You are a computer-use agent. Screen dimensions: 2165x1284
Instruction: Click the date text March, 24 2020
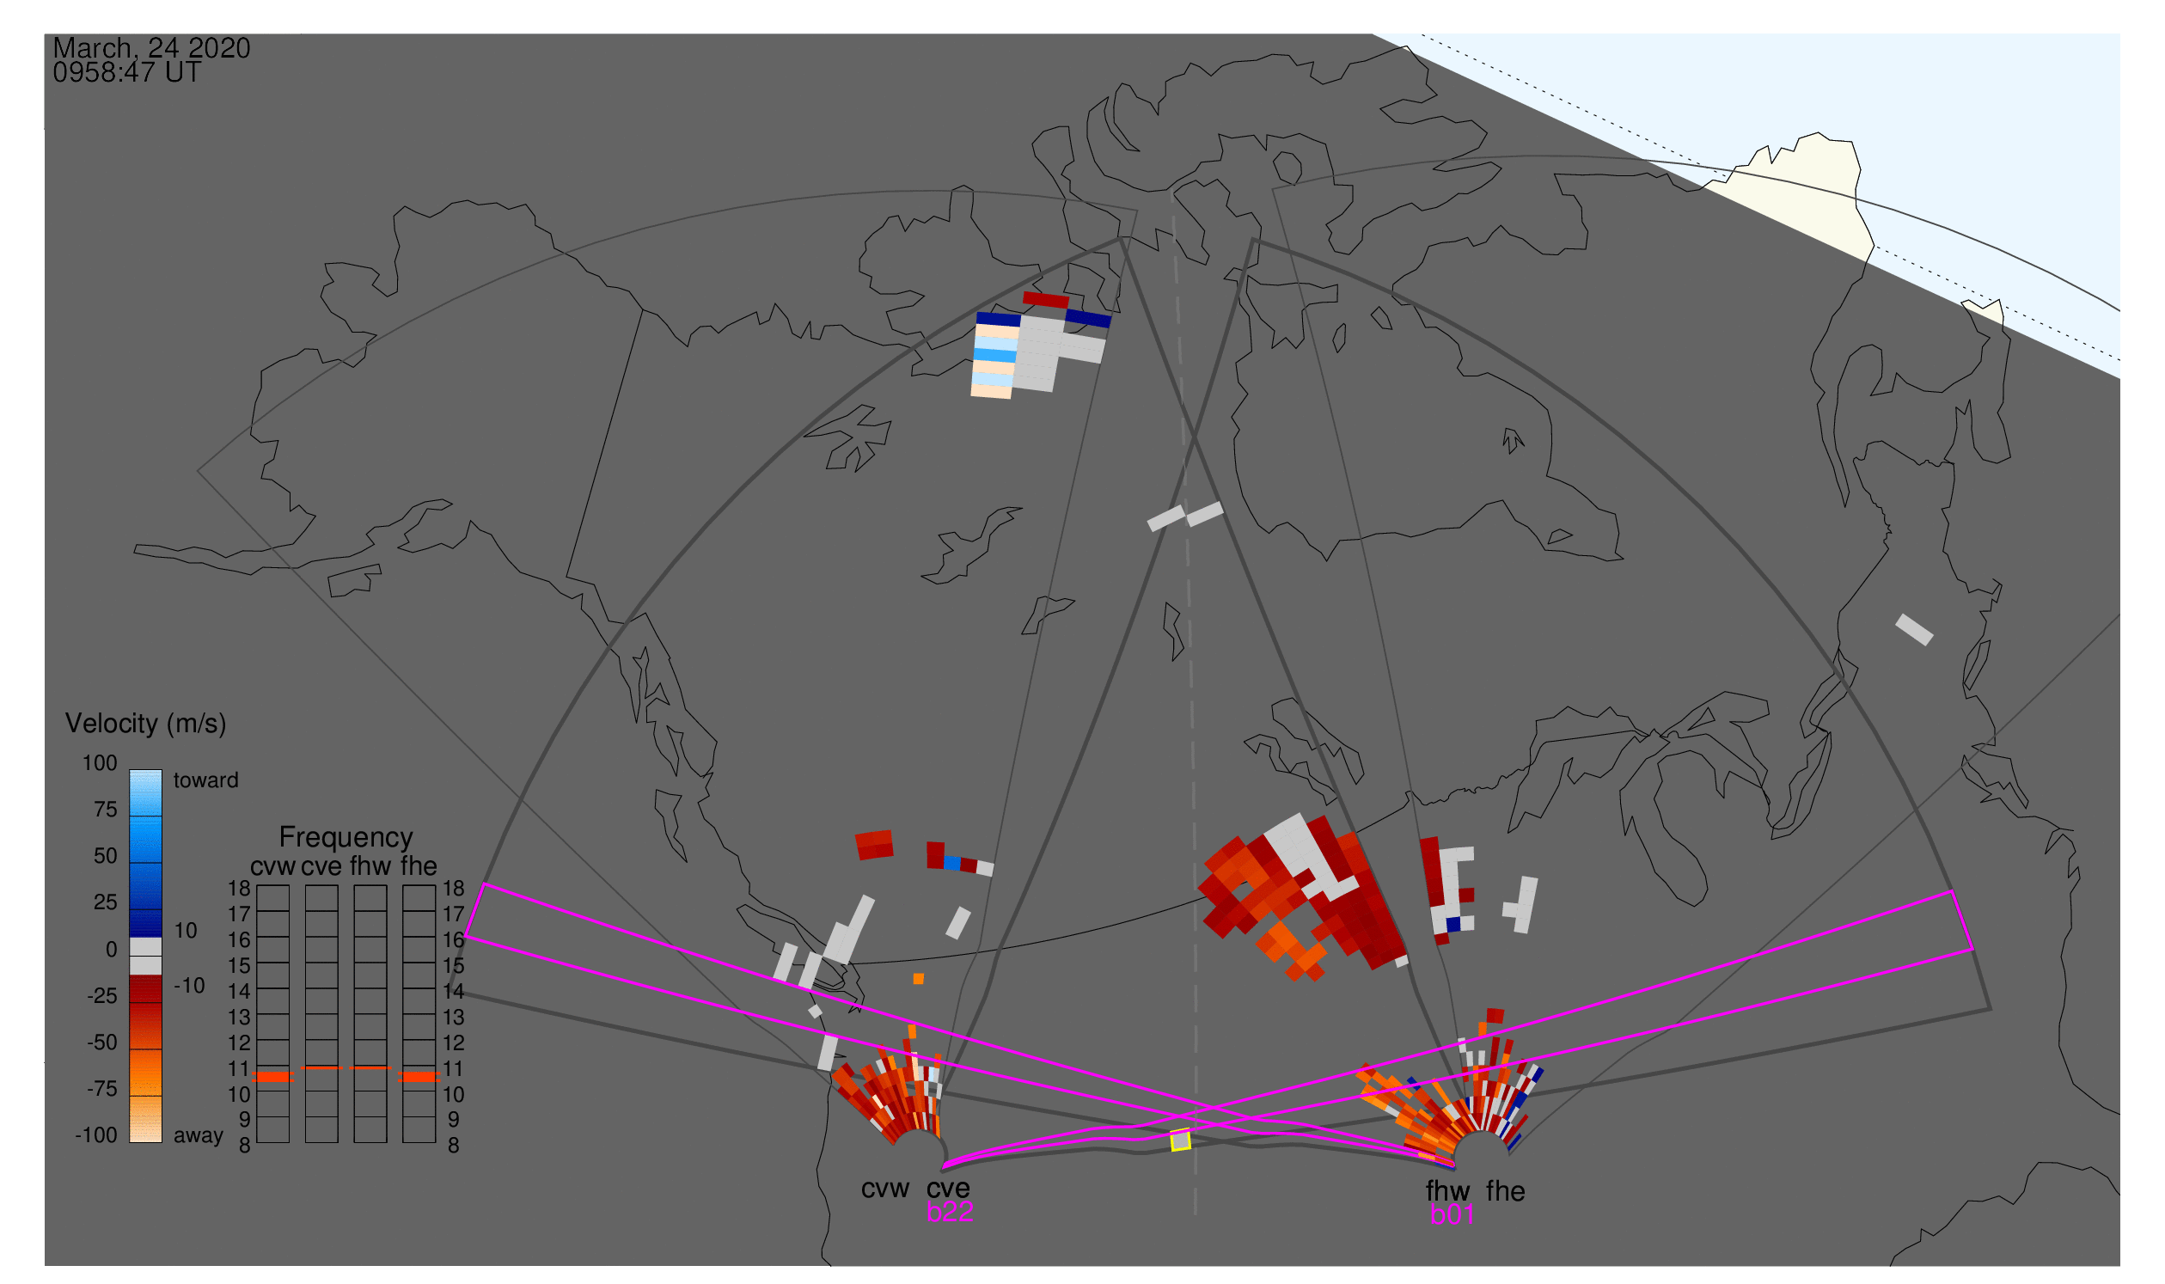click(x=151, y=48)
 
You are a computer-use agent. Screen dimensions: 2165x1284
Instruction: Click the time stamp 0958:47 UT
click(x=127, y=73)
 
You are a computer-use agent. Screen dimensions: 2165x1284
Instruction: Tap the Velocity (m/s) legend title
click(x=145, y=725)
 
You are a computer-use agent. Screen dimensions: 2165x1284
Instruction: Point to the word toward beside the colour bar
click(x=206, y=780)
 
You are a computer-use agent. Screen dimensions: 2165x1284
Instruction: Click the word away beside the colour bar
click(x=199, y=1136)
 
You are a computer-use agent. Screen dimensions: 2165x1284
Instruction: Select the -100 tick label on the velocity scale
click(x=96, y=1136)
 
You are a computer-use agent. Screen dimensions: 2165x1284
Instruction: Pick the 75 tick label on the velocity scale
click(x=106, y=810)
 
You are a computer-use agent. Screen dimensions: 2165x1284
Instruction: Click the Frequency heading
click(x=346, y=838)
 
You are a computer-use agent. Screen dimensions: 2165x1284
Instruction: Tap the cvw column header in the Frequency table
click(x=272, y=867)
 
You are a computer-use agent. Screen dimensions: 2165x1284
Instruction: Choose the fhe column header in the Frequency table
click(x=419, y=867)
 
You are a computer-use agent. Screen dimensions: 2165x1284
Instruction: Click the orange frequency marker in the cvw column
click(x=272, y=1077)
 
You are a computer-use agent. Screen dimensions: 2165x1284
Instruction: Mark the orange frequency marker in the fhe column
click(x=419, y=1077)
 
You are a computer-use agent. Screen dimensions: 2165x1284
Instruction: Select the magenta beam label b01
click(x=1452, y=1215)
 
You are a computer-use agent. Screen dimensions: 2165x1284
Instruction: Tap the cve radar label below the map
click(x=948, y=1189)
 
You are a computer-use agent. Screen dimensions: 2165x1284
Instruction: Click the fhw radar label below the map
click(x=1447, y=1191)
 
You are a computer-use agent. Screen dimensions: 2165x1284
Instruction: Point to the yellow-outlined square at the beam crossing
click(x=1180, y=1141)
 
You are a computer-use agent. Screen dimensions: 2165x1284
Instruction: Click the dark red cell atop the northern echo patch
click(x=1046, y=300)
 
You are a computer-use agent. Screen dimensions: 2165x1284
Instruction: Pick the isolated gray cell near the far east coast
click(x=1915, y=630)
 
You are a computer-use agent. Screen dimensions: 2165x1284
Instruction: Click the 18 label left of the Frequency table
click(x=239, y=889)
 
